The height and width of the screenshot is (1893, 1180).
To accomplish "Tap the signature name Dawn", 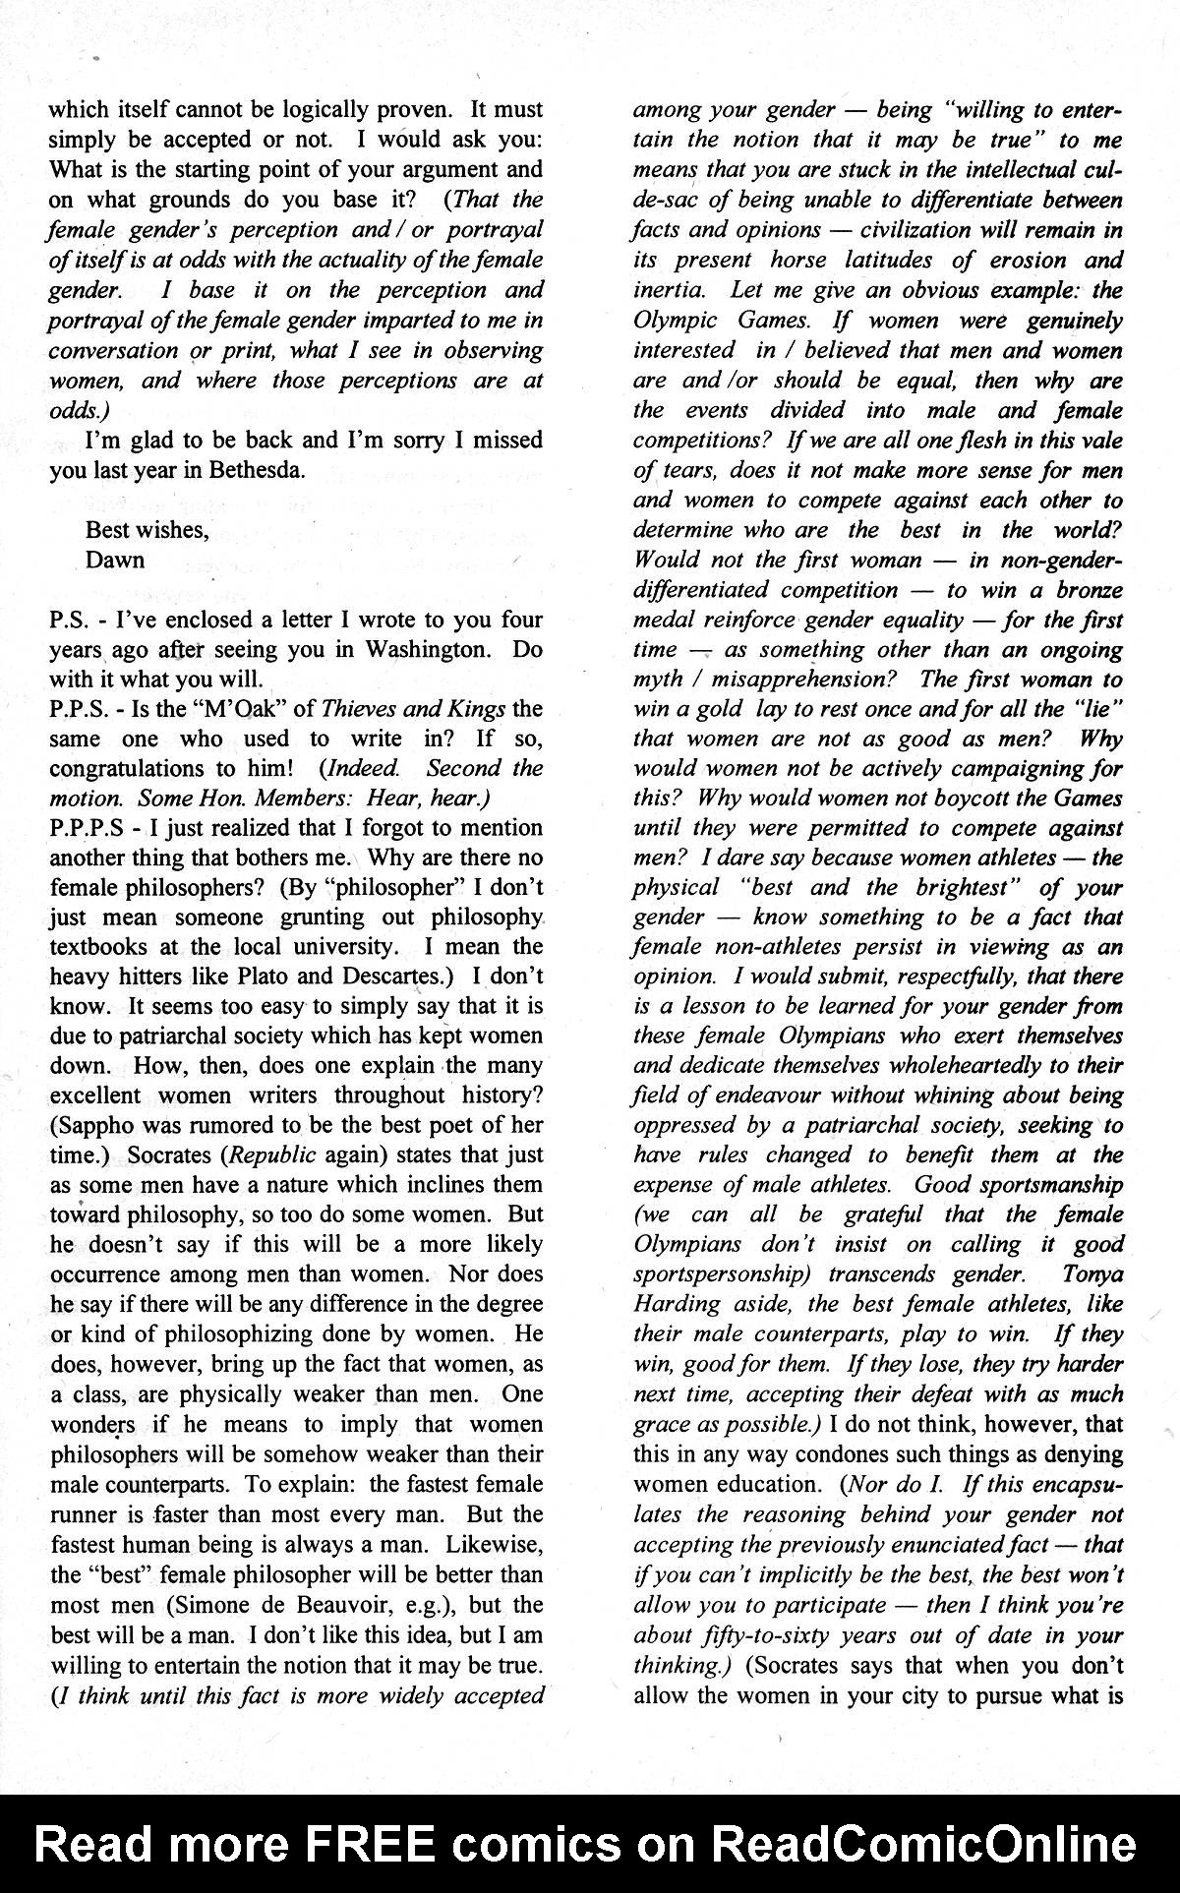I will point(115,560).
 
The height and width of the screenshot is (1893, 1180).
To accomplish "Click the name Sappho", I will point(101,1125).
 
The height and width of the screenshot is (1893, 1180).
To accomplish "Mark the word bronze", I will point(1089,590).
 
